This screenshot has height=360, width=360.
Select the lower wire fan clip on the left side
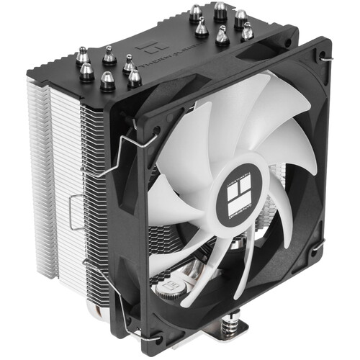(x=101, y=268)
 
